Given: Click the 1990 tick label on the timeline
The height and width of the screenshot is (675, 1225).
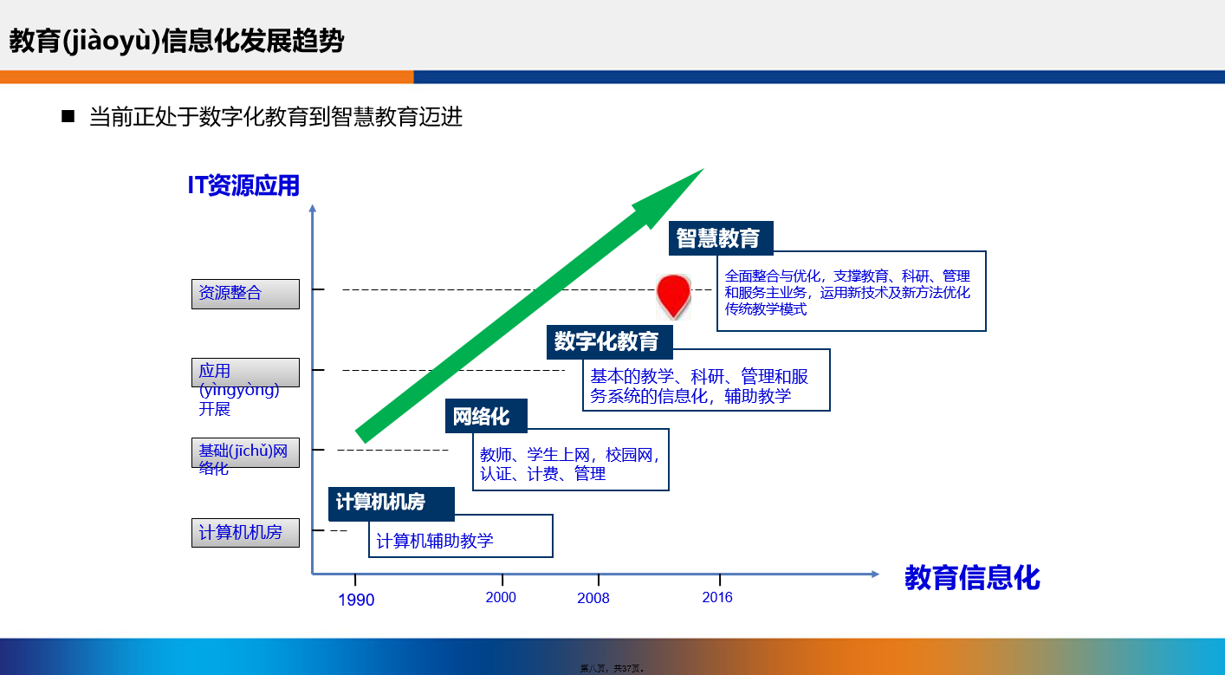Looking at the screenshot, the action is coord(356,600).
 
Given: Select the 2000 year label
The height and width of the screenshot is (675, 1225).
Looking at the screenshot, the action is coord(501,597).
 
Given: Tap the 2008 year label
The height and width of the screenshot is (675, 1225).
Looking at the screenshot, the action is coord(593,598).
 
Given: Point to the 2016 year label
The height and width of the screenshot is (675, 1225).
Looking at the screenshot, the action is coord(717,597).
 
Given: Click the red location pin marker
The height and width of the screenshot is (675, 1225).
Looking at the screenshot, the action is coord(673,296).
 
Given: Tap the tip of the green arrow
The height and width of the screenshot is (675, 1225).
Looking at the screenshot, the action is coord(703,169).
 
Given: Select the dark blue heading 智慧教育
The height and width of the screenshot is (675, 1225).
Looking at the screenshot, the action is coord(721,238).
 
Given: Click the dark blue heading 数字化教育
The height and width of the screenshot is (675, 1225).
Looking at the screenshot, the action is coord(609,341).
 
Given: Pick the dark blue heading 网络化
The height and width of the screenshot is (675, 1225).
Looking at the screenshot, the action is coord(486,416).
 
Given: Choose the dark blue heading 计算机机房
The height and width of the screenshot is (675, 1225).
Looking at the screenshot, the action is coord(391,503).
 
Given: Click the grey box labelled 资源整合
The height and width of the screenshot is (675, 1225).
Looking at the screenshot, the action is coord(245,294).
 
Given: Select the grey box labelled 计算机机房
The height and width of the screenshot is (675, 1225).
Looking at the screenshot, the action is coord(245,532).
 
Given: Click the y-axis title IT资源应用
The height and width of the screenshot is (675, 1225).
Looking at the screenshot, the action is coord(243,185).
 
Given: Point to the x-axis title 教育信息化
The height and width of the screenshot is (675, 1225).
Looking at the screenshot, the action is coord(972,578).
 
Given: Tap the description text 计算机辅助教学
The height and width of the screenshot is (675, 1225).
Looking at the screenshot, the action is coord(435,541).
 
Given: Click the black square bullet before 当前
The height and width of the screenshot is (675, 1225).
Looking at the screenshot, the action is coord(68,116).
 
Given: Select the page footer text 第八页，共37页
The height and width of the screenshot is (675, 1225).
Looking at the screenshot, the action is coord(612,668).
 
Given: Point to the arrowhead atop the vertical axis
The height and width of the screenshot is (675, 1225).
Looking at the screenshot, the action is coord(312,209).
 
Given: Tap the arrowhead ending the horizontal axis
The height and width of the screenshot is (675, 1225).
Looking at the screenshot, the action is coord(875,574).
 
